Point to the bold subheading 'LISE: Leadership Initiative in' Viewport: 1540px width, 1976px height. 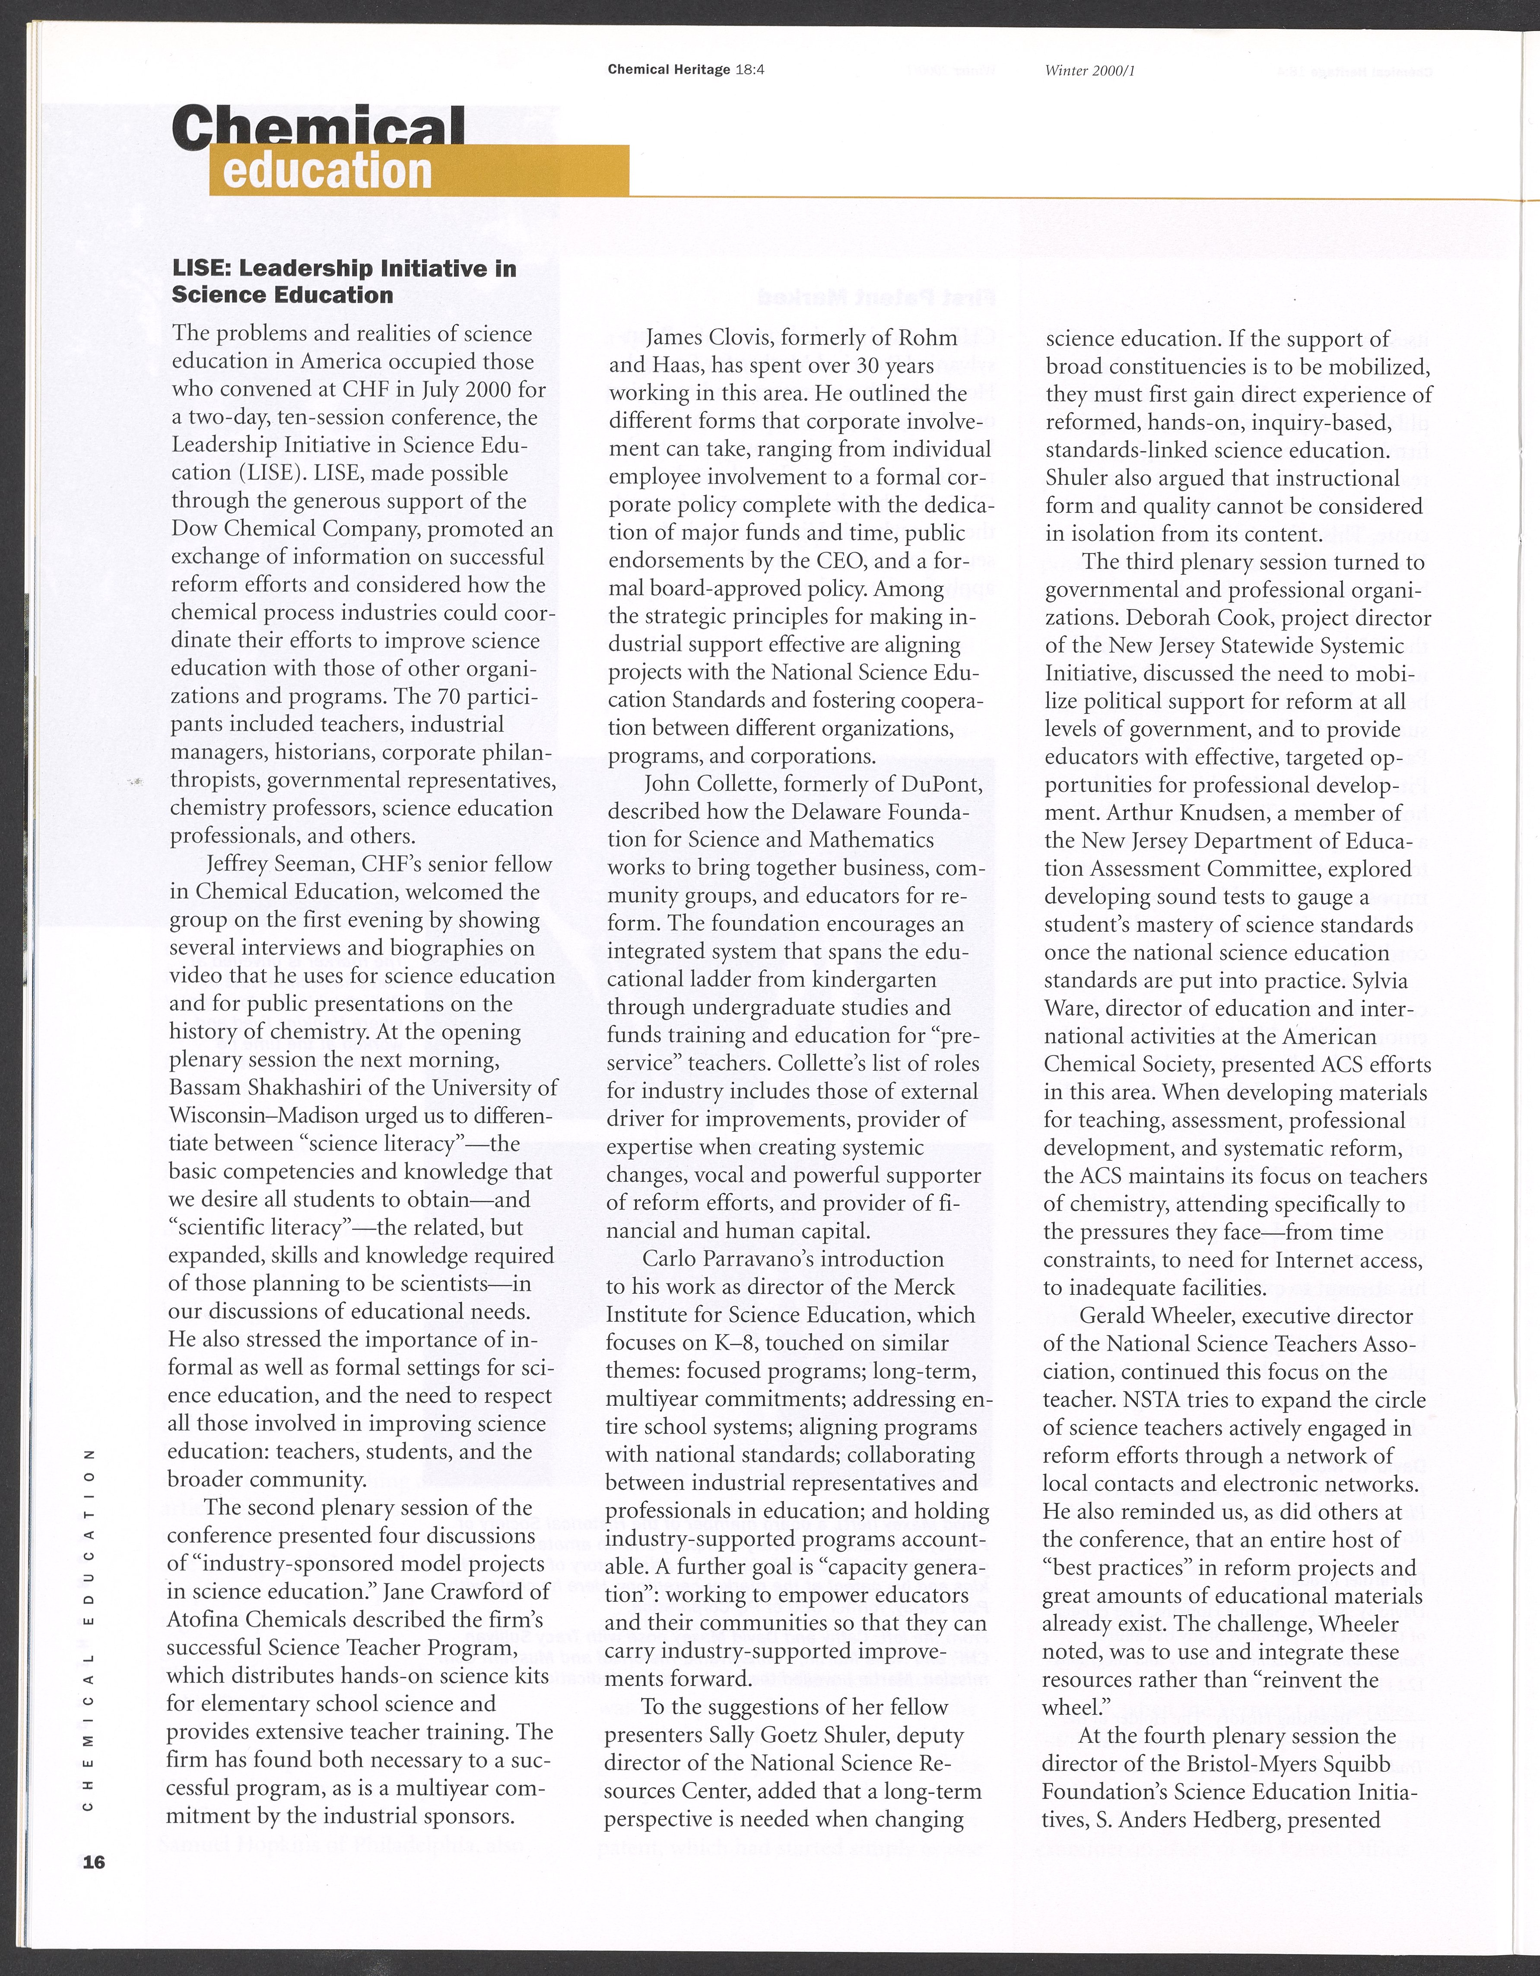coord(344,269)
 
